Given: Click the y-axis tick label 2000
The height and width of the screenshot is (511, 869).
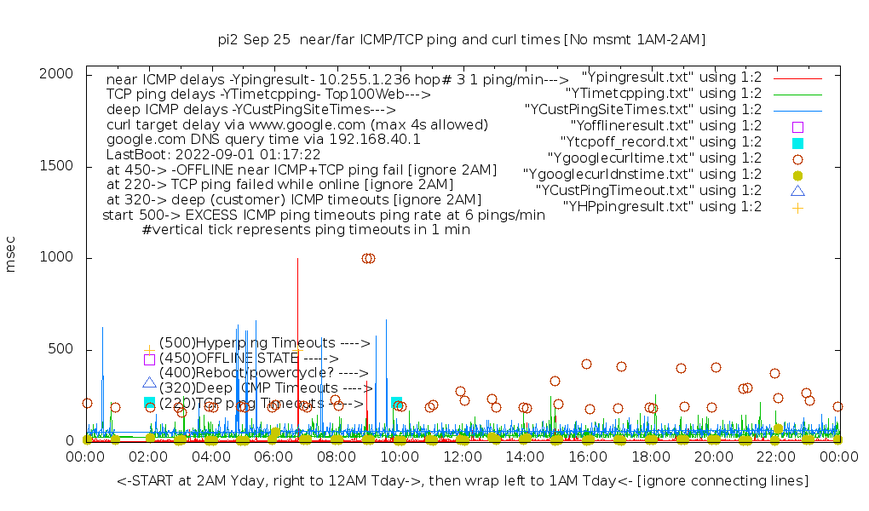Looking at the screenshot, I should (x=57, y=74).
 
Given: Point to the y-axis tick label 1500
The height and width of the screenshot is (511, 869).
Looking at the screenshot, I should (x=57, y=166).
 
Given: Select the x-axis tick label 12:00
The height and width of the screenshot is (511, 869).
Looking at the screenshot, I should (x=462, y=457).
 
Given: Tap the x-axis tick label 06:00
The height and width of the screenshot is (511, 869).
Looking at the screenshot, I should (x=273, y=457).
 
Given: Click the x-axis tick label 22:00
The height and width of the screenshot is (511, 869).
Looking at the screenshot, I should (x=775, y=457).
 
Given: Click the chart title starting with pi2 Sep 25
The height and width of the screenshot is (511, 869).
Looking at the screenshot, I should (x=462, y=39).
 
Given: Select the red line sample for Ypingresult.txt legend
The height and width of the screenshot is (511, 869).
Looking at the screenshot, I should (x=797, y=78).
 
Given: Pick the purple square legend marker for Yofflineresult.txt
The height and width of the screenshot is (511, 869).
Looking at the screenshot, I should (x=797, y=126).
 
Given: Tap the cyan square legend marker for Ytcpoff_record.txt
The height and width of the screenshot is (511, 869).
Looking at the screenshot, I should (x=797, y=142).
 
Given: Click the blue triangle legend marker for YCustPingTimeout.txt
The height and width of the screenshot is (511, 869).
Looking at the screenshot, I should (x=797, y=191).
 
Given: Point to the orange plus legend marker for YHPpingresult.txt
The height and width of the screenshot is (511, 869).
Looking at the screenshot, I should (x=797, y=207).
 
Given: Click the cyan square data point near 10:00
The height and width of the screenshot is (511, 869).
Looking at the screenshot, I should (x=396, y=402).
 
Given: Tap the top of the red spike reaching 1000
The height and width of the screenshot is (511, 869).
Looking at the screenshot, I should (x=297, y=259).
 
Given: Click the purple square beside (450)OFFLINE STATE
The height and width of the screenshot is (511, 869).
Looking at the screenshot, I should (x=149, y=359).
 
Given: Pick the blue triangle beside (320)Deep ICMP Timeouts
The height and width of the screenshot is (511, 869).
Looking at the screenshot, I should (x=149, y=384).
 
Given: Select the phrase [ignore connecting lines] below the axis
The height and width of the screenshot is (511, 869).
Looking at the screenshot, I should (x=723, y=481).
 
